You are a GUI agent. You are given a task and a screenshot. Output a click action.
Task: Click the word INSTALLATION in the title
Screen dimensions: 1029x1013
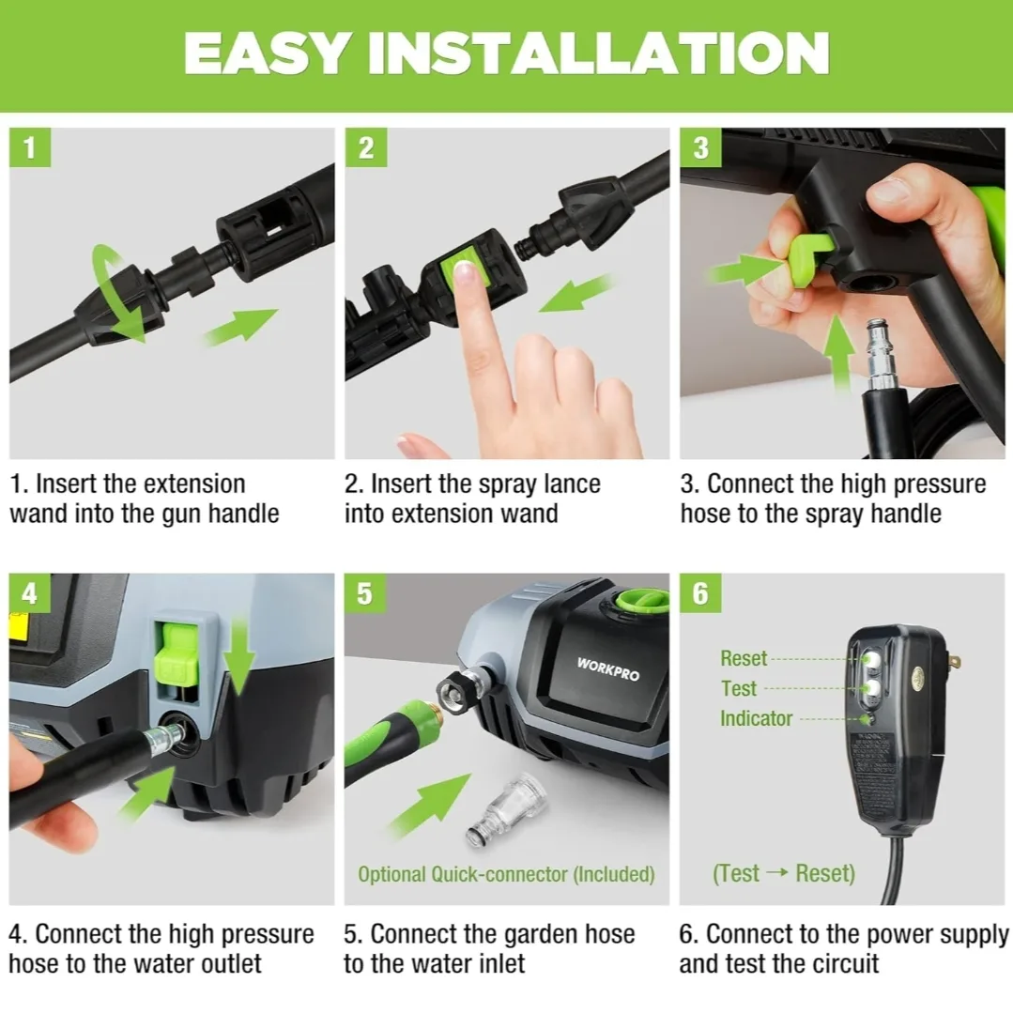(x=610, y=54)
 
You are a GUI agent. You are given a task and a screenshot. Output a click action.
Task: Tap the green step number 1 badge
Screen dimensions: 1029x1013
(x=30, y=148)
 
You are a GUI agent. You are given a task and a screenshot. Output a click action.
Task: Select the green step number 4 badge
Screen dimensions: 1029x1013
(x=30, y=595)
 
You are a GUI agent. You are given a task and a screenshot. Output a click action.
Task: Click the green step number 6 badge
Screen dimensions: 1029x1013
(x=701, y=595)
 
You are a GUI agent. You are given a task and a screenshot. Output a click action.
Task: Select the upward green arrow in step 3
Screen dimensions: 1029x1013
(x=838, y=352)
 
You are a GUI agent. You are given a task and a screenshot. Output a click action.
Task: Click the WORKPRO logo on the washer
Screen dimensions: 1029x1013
(x=608, y=668)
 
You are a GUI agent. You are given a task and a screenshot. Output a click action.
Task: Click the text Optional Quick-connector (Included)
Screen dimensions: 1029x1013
(x=506, y=874)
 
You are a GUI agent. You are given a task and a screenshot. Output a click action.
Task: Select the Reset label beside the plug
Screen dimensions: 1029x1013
(x=744, y=658)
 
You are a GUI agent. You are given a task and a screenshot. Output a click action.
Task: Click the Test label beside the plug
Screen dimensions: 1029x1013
(x=738, y=688)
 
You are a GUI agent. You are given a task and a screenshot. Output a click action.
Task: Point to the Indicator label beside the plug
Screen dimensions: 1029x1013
(x=756, y=718)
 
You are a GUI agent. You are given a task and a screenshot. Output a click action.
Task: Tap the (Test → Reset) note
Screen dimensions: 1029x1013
(x=784, y=873)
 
